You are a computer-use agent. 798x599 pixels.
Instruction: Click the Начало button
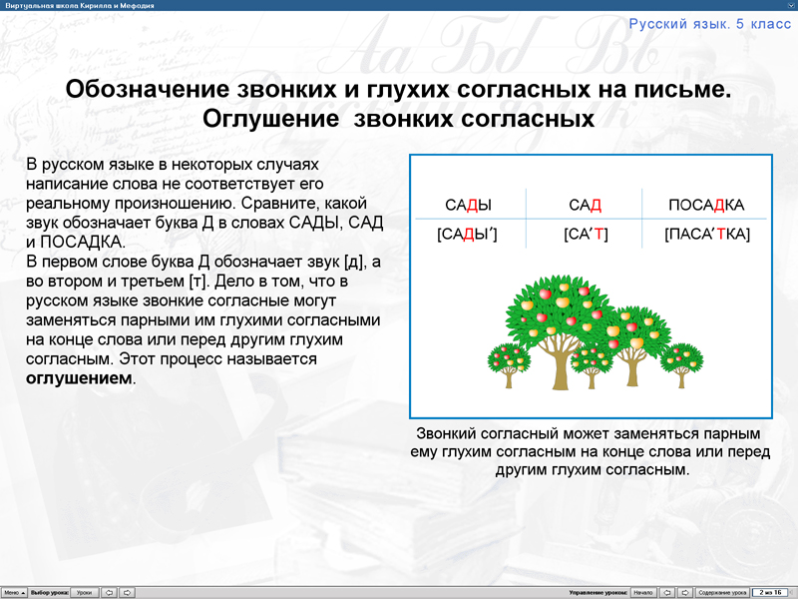click(x=642, y=592)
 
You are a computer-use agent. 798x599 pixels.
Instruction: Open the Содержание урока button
click(x=722, y=592)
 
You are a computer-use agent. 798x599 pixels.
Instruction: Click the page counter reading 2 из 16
click(x=770, y=592)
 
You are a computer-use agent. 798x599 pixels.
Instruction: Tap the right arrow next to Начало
click(x=685, y=592)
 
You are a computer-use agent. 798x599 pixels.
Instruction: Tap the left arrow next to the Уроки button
click(x=109, y=592)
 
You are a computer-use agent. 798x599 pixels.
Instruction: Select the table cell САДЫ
click(x=468, y=206)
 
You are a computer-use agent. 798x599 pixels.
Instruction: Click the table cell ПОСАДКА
click(x=706, y=206)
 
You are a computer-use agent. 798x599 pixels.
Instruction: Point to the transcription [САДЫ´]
click(x=467, y=235)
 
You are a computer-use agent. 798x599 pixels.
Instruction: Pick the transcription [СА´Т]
click(x=586, y=235)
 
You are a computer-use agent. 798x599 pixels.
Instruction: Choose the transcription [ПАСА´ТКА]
click(x=706, y=235)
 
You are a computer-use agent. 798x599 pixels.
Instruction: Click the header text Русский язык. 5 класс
click(x=706, y=23)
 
